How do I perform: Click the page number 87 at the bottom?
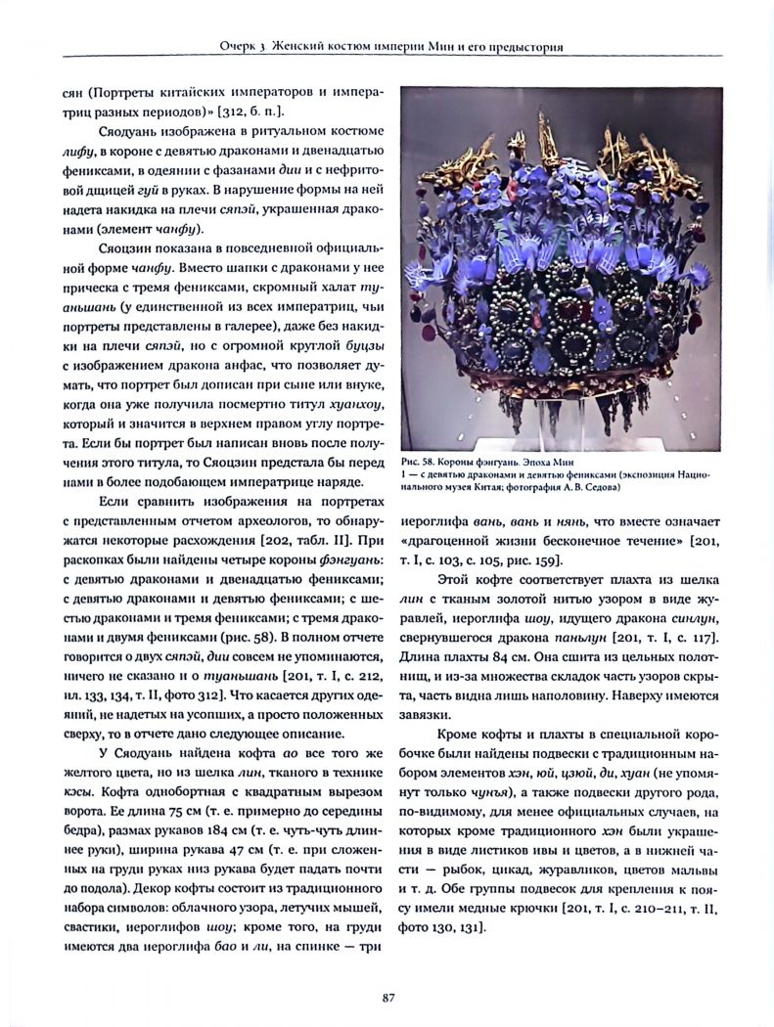[x=387, y=997]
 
